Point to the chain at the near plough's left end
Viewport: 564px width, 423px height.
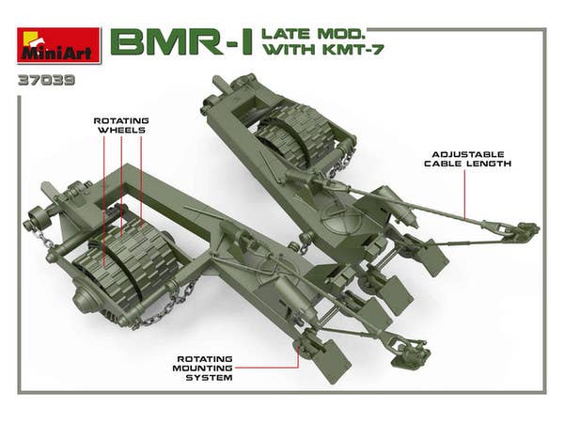(41, 243)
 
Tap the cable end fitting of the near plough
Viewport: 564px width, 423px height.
(405, 356)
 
